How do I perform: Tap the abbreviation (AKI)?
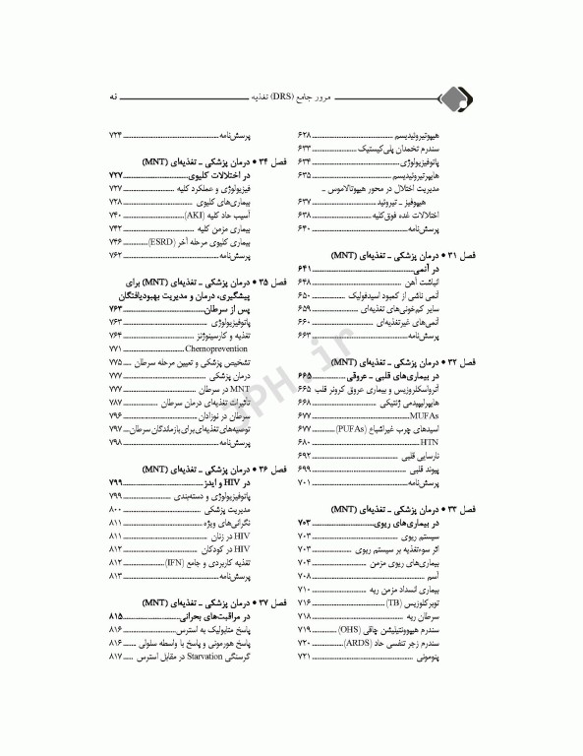[x=199, y=214]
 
